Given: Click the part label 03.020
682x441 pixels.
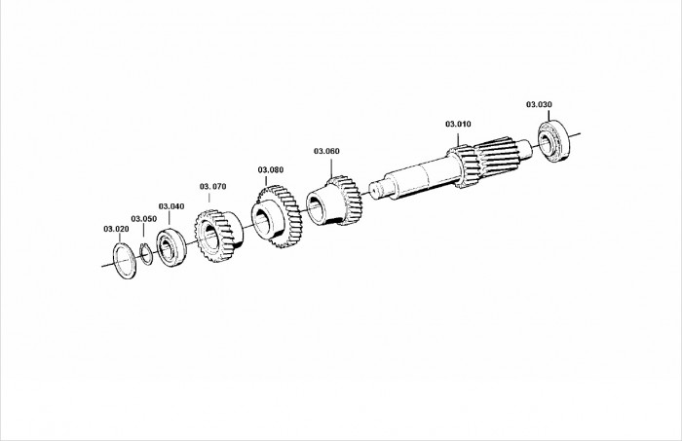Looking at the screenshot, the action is tap(116, 229).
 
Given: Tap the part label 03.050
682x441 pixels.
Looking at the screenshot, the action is tap(144, 219).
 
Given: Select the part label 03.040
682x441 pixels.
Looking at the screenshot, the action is tap(171, 206).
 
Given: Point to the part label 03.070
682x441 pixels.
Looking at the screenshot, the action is tap(213, 186).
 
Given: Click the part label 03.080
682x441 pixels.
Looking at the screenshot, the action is tap(271, 170).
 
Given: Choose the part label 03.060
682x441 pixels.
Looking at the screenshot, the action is tap(326, 151).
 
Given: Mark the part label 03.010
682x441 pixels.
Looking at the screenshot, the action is tap(458, 124).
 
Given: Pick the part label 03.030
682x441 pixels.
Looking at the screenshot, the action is tap(539, 104).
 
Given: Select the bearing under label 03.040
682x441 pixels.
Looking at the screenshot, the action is tap(171, 247).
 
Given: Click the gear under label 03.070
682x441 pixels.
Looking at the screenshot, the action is tap(219, 236).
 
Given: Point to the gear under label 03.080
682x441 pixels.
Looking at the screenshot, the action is tap(277, 216).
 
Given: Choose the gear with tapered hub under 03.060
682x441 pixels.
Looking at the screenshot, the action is tap(334, 201).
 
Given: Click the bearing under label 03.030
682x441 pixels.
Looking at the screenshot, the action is tap(554, 141).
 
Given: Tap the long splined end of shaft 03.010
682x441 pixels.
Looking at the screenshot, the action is tap(498, 156).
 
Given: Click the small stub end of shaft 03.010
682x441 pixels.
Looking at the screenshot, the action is tap(376, 190).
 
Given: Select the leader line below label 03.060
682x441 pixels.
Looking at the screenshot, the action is tap(331, 167).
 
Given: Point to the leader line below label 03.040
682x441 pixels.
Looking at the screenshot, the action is tap(170, 218).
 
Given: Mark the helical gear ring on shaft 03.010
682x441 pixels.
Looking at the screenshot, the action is tap(463, 166).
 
